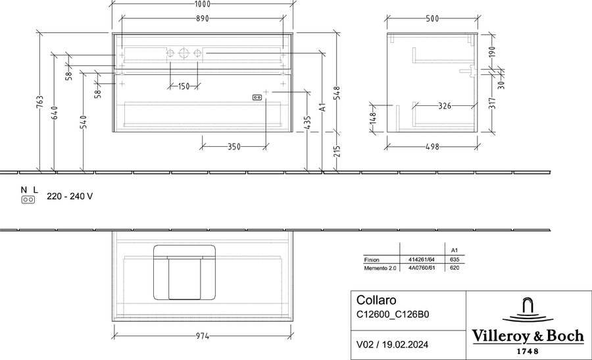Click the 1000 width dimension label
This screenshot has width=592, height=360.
click(203, 4)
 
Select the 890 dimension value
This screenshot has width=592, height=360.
click(203, 18)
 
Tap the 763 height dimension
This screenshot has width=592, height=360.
click(39, 102)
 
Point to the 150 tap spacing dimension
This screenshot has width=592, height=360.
click(184, 86)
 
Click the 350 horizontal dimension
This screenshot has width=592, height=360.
click(234, 147)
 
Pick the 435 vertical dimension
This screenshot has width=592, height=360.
click(307, 123)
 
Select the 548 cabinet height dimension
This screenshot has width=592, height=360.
click(337, 93)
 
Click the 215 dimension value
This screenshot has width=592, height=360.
click(337, 151)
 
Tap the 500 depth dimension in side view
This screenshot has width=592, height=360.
click(432, 18)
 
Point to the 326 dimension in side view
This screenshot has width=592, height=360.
click(445, 106)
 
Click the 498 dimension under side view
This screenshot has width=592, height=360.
click(432, 147)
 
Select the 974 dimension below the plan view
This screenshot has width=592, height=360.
click(203, 336)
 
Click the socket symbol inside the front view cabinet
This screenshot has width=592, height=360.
click(257, 97)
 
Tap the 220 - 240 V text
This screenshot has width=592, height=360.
click(70, 196)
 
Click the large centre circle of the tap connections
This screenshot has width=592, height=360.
click(184, 53)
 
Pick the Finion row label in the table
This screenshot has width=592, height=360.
click(372, 260)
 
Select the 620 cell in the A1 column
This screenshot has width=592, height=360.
click(455, 268)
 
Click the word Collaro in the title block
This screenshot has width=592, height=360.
click(376, 300)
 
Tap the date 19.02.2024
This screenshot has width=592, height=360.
click(405, 344)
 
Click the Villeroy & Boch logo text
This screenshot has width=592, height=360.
click(528, 336)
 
